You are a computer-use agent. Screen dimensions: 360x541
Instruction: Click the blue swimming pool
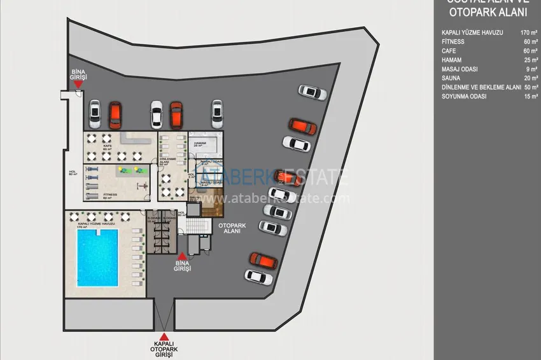tap(97, 257)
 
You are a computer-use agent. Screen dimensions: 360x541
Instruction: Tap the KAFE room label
tap(107, 148)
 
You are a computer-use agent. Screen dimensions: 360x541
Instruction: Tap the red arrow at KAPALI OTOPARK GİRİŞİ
tap(164, 337)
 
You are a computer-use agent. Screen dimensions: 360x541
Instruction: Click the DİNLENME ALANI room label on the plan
tap(167, 160)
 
